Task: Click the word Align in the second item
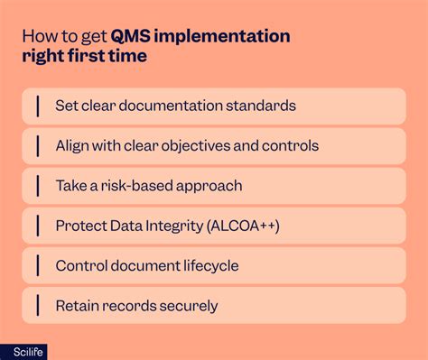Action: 74,145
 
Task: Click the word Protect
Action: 81,226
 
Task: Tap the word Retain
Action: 78,306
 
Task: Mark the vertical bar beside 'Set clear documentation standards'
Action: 38,106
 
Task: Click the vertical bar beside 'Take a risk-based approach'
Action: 38,186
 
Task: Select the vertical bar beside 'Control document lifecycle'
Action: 38,265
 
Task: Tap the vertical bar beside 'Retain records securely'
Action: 38,306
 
